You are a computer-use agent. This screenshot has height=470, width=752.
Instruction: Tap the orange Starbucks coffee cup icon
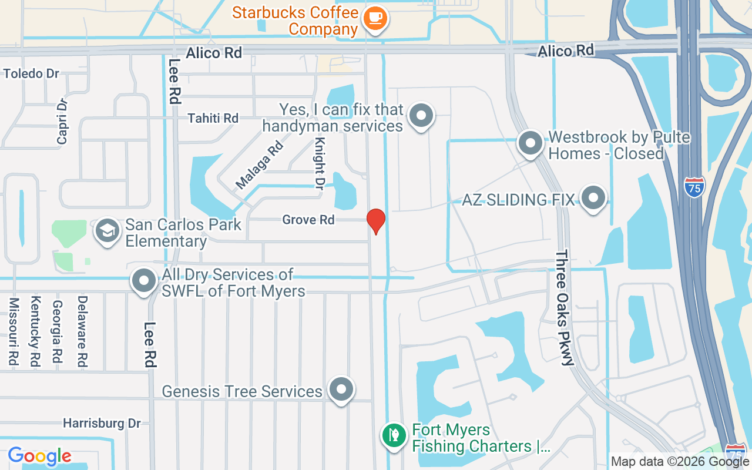coord(374,18)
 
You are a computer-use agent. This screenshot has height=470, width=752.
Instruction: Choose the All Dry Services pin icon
coord(144,281)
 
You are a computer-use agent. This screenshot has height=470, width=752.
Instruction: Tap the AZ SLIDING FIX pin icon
coord(593,199)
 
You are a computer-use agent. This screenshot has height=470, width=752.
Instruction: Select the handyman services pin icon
coord(421,116)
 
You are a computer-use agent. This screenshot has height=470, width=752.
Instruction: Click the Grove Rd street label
coord(308,220)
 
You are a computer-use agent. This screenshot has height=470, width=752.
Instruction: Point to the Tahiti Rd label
coord(213,118)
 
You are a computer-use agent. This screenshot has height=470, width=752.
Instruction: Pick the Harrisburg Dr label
coord(102,423)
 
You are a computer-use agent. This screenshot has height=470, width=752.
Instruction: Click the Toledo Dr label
coord(31,73)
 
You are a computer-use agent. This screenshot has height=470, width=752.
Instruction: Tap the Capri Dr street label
coord(62,120)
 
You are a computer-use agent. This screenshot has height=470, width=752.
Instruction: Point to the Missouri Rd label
coord(14,332)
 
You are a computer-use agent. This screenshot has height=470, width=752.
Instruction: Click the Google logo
coord(40,456)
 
